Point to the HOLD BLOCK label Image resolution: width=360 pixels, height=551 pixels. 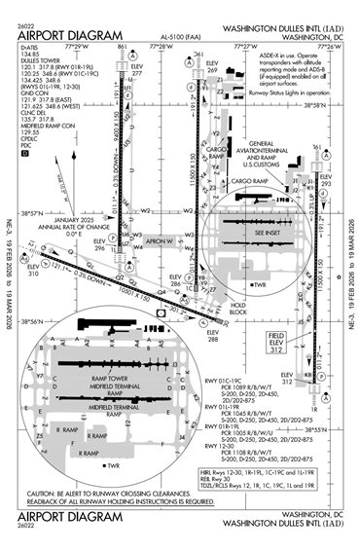pos(236,309)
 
